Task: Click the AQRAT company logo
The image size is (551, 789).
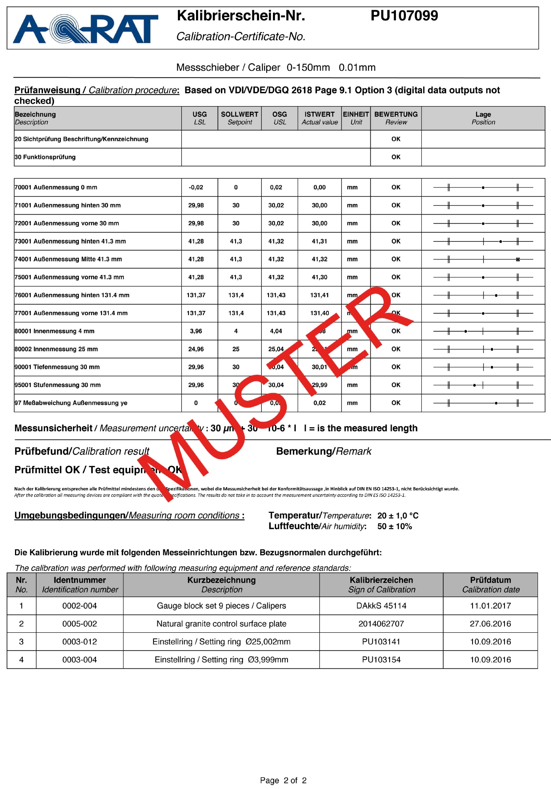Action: pos(86,29)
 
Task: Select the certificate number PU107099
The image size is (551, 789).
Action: pos(404,16)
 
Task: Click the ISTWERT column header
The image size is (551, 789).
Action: pos(319,118)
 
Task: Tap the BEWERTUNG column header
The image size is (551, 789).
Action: pos(396,118)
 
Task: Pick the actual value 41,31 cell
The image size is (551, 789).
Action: pos(319,241)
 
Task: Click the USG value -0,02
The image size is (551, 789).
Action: pos(196,187)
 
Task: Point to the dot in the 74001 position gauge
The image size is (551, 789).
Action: pos(518,260)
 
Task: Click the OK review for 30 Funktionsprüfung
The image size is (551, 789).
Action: pos(396,157)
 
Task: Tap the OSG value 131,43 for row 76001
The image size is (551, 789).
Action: pos(276,295)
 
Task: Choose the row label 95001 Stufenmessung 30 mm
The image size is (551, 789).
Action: pos(58,385)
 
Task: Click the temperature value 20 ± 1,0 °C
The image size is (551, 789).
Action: pos(398,516)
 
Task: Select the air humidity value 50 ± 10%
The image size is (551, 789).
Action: pos(394,526)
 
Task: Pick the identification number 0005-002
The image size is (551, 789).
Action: pos(80,624)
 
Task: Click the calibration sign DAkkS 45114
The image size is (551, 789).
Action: pos(381,606)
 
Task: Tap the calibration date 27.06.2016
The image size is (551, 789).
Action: pos(490,624)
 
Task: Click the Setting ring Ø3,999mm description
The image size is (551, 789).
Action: pos(221,660)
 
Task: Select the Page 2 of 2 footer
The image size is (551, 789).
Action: pos(283,780)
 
